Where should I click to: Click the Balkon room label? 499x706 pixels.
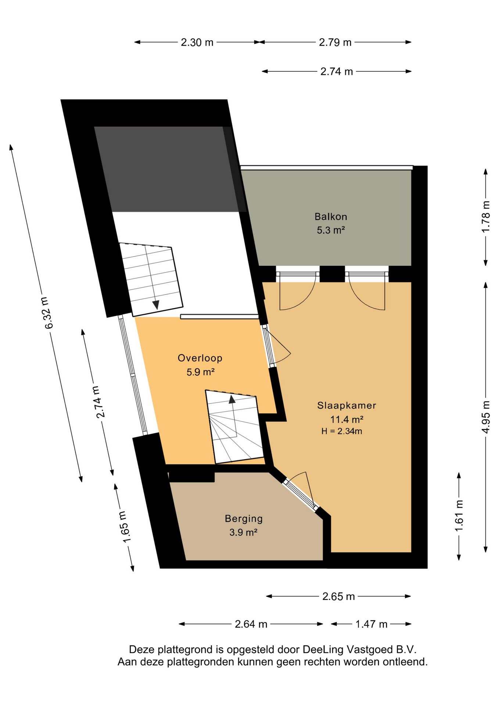pyautogui.click(x=331, y=217)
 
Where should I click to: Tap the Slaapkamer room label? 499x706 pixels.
pyautogui.click(x=347, y=405)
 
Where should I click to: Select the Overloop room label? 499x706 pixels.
pyautogui.click(x=200, y=358)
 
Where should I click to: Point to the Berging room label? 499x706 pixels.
pyautogui.click(x=244, y=519)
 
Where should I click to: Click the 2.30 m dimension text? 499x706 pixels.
pyautogui.click(x=197, y=43)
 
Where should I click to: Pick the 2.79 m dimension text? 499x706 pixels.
pyautogui.click(x=335, y=43)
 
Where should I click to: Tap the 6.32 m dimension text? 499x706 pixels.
pyautogui.click(x=48, y=313)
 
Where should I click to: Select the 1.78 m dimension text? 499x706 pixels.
pyautogui.click(x=485, y=217)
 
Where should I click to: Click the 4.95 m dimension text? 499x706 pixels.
pyautogui.click(x=485, y=417)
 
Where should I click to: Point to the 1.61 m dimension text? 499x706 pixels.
pyautogui.click(x=459, y=516)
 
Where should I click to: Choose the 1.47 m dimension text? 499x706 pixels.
pyautogui.click(x=371, y=624)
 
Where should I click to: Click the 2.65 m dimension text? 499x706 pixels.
pyautogui.click(x=338, y=596)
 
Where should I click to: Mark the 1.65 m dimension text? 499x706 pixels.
pyautogui.click(x=125, y=527)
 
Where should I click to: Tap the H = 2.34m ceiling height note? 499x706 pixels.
pyautogui.click(x=342, y=431)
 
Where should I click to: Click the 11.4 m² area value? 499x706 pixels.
pyautogui.click(x=347, y=419)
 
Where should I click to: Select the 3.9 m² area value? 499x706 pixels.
pyautogui.click(x=243, y=532)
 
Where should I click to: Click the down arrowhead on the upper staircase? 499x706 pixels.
pyautogui.click(x=156, y=305)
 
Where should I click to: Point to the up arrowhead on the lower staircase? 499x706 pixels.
pyautogui.click(x=232, y=399)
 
